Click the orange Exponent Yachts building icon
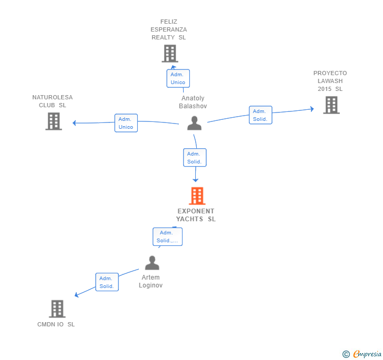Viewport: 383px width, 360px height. pos(197,196)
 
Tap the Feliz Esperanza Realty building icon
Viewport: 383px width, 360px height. pos(169,54)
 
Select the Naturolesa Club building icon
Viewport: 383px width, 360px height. pos(53,121)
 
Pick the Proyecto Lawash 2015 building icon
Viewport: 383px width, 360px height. pos(331,105)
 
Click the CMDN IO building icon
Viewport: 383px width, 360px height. pos(57,308)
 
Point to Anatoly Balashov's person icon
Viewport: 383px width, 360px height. pos(194,123)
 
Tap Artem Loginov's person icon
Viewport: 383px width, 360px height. pos(152,263)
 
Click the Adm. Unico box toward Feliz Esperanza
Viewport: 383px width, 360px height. pos(178,78)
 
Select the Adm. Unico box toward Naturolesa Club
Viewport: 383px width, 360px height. pos(126,123)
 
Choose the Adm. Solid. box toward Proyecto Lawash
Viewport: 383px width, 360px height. pos(260,115)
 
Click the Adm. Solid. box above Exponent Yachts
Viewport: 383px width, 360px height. pos(194,158)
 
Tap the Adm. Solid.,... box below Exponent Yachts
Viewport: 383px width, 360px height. pos(167,236)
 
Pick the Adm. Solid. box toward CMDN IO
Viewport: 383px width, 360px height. pos(107,282)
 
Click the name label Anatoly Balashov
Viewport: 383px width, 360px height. pos(193,102)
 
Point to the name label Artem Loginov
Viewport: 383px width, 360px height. pos(151,281)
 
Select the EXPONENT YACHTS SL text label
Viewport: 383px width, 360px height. pos(196,215)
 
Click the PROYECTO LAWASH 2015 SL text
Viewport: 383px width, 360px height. pos(330,81)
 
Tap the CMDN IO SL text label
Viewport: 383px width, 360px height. pos(56,324)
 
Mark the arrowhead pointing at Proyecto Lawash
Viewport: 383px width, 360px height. pos(311,109)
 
